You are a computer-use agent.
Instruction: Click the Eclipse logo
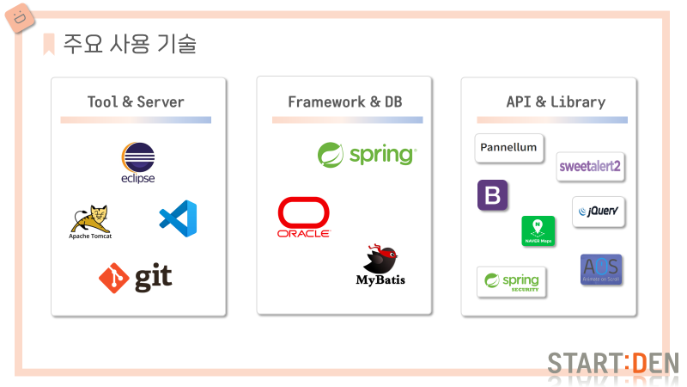point(138,163)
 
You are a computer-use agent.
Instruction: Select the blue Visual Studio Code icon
point(178,218)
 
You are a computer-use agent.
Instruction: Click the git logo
point(136,277)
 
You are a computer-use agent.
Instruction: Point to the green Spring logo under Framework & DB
point(367,155)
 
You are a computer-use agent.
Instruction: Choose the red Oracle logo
point(303,218)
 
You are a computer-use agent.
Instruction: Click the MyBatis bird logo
point(380,266)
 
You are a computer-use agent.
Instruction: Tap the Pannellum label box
point(509,148)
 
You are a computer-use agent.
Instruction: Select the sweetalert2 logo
point(590,166)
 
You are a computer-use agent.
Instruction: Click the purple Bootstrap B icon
point(493,195)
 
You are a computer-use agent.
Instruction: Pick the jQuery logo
point(599,211)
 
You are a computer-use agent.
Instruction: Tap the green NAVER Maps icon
point(538,230)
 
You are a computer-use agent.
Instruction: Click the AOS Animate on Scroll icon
point(601,269)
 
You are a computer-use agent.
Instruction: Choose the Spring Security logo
point(512,281)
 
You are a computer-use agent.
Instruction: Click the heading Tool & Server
point(136,101)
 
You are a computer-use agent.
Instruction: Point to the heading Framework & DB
point(344,101)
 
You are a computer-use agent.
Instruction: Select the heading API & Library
point(556,101)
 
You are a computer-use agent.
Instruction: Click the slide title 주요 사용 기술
point(130,44)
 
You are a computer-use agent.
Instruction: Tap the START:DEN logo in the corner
point(613,363)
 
